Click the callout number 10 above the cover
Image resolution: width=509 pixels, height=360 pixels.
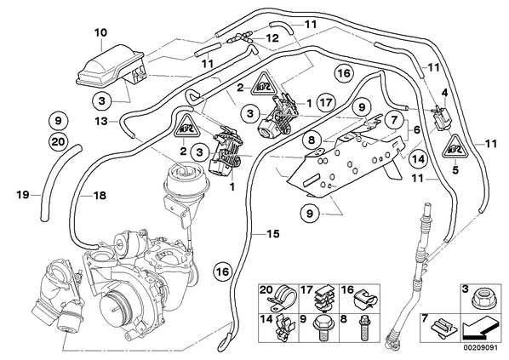(x=100, y=33)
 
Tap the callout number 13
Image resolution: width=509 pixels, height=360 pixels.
(x=101, y=122)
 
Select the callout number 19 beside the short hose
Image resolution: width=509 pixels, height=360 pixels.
(x=23, y=195)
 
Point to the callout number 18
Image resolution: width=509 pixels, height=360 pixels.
(x=100, y=196)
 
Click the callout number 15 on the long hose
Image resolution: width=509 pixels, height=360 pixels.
(x=273, y=234)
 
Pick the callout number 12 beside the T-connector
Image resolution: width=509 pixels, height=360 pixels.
(x=272, y=38)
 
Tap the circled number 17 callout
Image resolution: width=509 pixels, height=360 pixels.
(x=326, y=103)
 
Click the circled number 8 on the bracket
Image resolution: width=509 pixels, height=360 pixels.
(x=311, y=140)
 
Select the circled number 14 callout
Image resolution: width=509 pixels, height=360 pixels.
(x=417, y=159)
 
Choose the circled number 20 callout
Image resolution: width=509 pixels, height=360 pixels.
(x=59, y=142)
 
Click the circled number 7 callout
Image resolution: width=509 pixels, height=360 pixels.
(x=394, y=121)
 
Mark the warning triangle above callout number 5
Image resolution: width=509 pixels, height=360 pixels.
(x=455, y=146)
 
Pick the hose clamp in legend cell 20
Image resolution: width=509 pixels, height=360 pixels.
(x=281, y=298)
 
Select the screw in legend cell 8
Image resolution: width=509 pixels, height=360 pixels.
(x=363, y=329)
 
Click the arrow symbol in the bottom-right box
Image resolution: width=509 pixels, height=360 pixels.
(x=480, y=329)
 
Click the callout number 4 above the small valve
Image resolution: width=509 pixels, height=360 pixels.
(x=444, y=93)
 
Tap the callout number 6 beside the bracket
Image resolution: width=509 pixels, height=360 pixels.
(x=416, y=130)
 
